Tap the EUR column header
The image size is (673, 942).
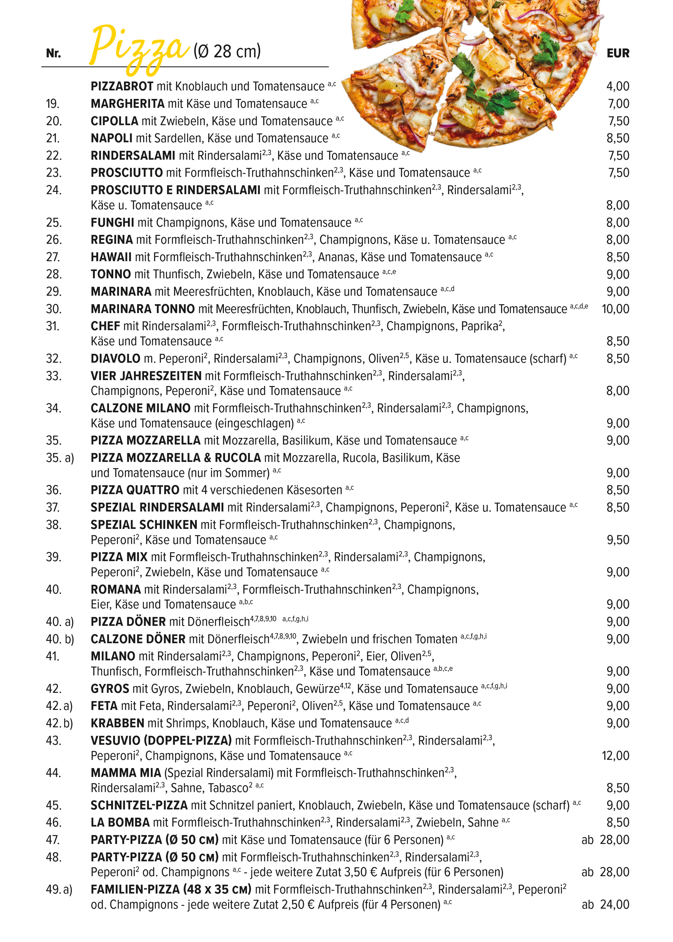(x=617, y=53)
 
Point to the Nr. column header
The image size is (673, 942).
(x=54, y=53)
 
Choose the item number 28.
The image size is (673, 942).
(x=54, y=274)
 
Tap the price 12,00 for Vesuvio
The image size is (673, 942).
(x=615, y=756)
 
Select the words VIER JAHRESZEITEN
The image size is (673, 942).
(x=146, y=376)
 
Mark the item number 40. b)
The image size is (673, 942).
(x=60, y=639)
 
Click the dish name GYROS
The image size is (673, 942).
(x=110, y=688)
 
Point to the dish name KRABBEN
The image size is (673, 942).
(x=117, y=723)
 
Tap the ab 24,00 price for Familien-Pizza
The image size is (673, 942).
(x=605, y=905)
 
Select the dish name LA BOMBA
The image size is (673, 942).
(x=120, y=822)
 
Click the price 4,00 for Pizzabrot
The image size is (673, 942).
(x=617, y=86)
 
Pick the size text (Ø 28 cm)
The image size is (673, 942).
(x=227, y=51)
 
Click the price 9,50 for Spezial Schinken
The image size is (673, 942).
(x=617, y=540)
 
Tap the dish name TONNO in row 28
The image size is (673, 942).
(x=111, y=274)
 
